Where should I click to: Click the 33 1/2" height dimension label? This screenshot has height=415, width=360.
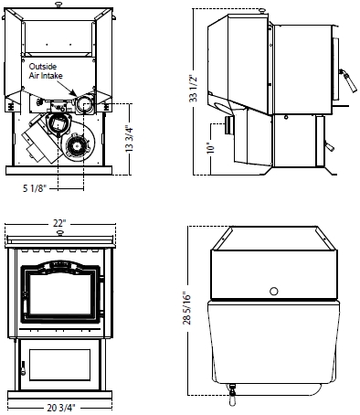coord(194,88)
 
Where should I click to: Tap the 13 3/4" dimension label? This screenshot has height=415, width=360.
coord(130,139)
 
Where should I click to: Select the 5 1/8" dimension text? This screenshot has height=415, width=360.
coord(35,188)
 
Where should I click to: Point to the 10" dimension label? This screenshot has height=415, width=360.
coord(210,148)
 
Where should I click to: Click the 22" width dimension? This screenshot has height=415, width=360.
coord(59,223)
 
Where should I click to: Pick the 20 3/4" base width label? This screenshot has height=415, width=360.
coord(60,408)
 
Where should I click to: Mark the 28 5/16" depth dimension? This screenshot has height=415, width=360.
coord(187,309)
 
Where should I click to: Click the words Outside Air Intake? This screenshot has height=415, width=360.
coord(46,71)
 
